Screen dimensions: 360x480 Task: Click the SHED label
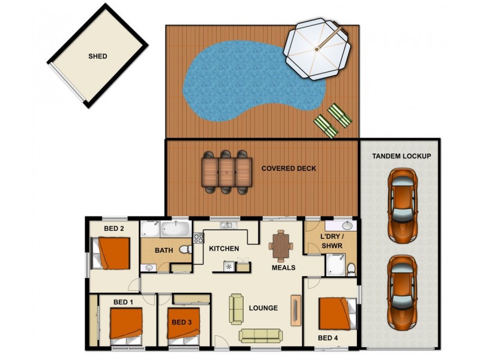(x=98, y=56)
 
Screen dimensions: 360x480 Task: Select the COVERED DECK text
(x=289, y=169)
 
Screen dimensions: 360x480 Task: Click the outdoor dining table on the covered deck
(x=226, y=172)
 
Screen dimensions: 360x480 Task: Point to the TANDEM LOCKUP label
(x=401, y=156)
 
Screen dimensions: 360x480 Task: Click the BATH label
(x=164, y=251)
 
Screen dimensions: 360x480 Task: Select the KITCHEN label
(x=224, y=248)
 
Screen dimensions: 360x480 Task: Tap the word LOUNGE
(x=263, y=308)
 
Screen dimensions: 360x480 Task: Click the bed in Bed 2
(x=112, y=253)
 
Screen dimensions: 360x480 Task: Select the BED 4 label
(x=328, y=338)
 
